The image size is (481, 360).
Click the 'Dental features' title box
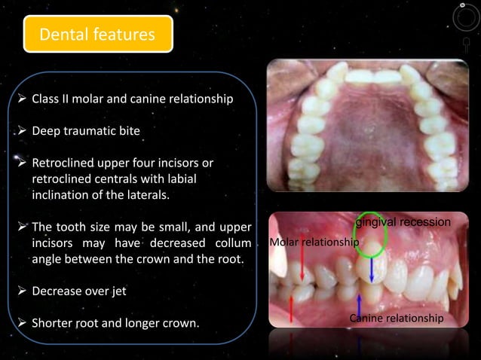98,34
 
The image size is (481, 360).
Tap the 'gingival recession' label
403,222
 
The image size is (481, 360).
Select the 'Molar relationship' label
314,242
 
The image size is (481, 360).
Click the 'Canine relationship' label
397,319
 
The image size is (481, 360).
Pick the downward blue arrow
372,269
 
